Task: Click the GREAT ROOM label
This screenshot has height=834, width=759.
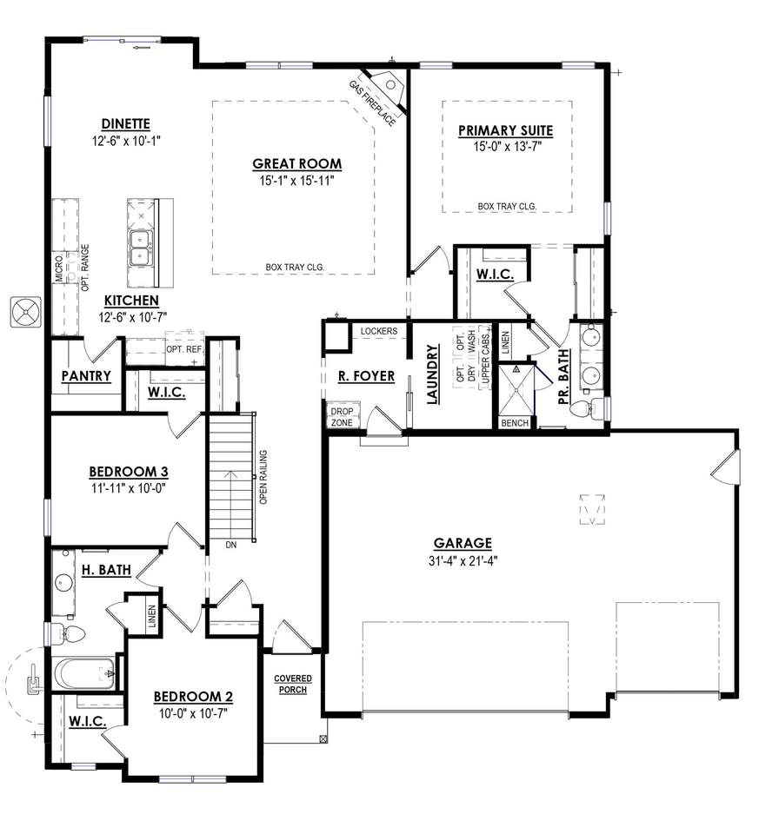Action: (x=297, y=164)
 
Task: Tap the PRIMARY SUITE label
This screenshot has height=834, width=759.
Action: (x=506, y=131)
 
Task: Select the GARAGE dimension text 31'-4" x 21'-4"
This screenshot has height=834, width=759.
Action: (x=463, y=560)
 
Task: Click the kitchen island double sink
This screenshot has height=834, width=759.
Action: (x=141, y=248)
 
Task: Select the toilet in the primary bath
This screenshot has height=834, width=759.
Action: (x=587, y=408)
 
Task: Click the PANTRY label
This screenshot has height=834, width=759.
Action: (x=86, y=376)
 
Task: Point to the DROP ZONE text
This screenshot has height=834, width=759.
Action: (x=342, y=417)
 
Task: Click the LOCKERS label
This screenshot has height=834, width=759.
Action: (x=379, y=331)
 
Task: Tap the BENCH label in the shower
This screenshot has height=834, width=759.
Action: (x=515, y=423)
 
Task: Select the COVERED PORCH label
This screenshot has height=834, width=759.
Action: (x=293, y=684)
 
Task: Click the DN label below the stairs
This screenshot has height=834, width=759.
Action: (x=231, y=546)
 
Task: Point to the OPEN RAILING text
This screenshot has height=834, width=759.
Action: (x=263, y=477)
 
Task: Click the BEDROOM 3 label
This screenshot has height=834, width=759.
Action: (x=129, y=472)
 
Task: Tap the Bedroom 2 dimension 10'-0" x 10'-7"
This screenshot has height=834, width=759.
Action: (x=193, y=713)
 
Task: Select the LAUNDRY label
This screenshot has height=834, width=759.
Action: (x=432, y=374)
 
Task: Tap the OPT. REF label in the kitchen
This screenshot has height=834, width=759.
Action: (x=184, y=349)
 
